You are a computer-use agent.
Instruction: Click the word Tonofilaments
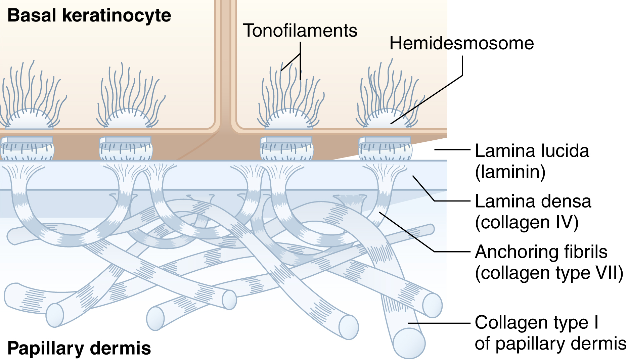[300, 31]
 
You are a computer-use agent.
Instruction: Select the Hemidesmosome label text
[461, 43]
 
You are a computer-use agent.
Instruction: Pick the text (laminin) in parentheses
[510, 172]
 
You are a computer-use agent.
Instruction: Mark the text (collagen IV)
[527, 222]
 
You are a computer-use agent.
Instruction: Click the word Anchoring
[515, 252]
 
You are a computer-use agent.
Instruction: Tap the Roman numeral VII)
[608, 273]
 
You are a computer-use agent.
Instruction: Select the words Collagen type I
[536, 322]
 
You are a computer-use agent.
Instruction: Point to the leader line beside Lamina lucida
[452, 149]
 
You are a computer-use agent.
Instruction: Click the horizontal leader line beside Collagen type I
[439, 323]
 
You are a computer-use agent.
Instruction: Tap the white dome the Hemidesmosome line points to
[387, 120]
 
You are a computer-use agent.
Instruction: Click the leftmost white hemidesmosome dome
[30, 120]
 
